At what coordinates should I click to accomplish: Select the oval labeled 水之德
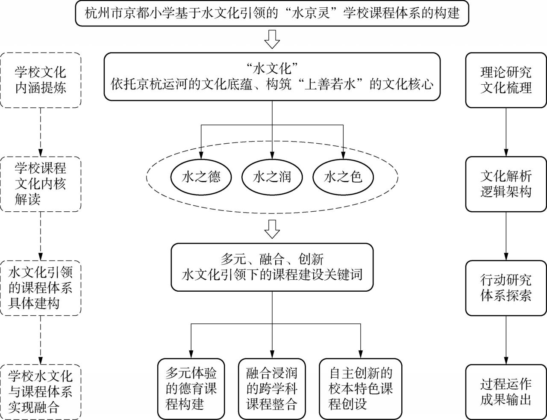[x=201, y=177]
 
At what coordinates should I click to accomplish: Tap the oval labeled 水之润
[x=272, y=177]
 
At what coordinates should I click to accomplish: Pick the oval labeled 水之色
[x=343, y=177]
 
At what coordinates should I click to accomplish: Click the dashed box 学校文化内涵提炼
[x=41, y=80]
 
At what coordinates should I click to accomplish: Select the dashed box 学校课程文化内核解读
[x=41, y=184]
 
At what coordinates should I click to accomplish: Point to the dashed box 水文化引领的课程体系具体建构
[x=41, y=288]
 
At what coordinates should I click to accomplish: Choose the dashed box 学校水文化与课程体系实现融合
[x=41, y=392]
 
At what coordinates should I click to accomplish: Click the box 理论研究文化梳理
[x=506, y=80]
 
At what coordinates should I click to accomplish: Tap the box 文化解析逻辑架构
[x=506, y=184]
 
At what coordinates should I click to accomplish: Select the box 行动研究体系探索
[x=506, y=288]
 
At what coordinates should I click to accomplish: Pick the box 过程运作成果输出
[x=506, y=392]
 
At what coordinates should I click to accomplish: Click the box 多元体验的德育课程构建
[x=191, y=388]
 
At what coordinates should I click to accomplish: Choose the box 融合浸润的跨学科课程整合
[x=272, y=388]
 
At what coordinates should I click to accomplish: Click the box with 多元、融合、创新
[x=272, y=267]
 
